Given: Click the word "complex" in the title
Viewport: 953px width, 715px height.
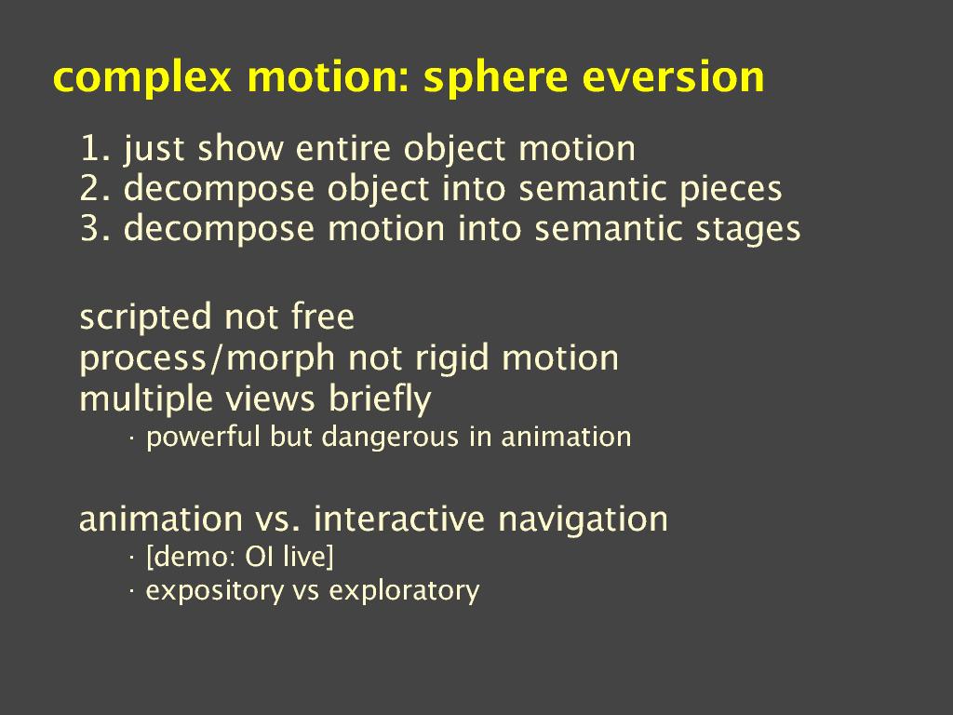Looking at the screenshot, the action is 142,78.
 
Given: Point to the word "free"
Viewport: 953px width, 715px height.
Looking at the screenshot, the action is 323,317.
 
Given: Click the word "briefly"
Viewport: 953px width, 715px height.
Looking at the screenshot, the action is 380,399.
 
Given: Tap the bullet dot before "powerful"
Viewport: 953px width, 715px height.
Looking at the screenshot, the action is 131,438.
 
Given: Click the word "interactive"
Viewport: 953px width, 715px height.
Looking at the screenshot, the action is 399,519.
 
